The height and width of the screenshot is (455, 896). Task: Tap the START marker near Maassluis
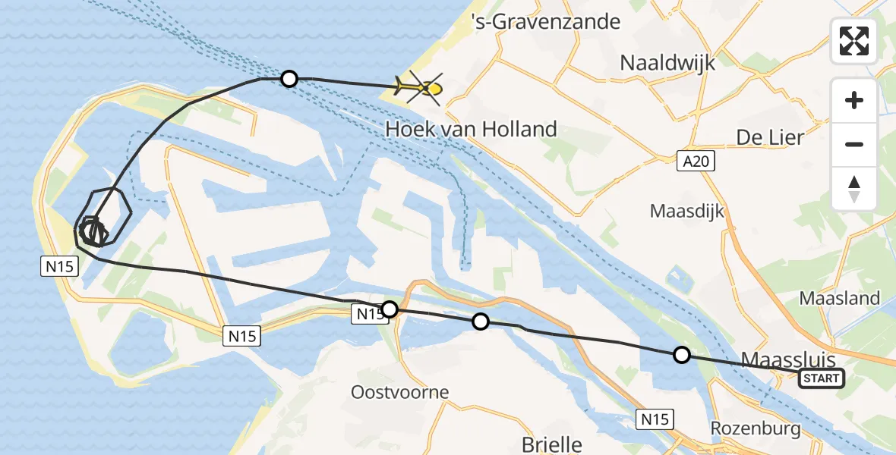[822, 378]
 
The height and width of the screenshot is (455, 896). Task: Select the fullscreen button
[854, 41]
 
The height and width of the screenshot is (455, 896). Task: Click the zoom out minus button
[854, 144]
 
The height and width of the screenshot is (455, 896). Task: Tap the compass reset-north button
[854, 188]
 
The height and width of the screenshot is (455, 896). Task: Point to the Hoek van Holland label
[471, 129]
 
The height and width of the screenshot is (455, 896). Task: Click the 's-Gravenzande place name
[545, 22]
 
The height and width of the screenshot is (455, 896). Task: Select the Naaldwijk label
[667, 62]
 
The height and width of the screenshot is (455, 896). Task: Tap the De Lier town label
[770, 137]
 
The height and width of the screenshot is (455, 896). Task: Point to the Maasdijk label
[687, 211]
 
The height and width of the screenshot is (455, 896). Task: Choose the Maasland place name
[839, 298]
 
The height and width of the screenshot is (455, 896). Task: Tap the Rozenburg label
[755, 428]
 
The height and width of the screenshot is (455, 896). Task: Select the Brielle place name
[552, 444]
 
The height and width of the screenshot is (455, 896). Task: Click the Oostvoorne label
[399, 392]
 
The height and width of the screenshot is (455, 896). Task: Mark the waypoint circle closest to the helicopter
[289, 78]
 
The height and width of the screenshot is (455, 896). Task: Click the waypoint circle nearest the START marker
[682, 354]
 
